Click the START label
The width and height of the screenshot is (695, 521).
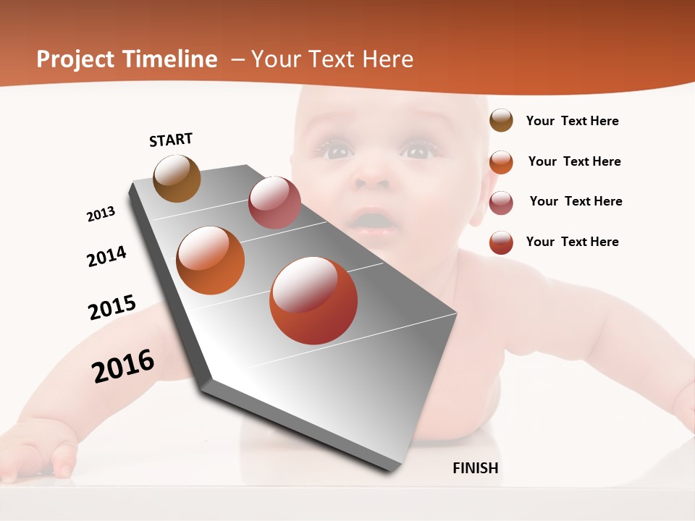point(171,140)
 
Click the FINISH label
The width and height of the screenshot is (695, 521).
point(475,468)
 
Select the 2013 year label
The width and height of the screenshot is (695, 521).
point(101,214)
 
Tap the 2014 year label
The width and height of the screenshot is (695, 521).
point(106,256)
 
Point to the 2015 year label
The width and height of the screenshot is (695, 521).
point(112,307)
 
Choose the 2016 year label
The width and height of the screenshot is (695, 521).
point(123,365)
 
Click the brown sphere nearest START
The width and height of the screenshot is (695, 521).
point(177,179)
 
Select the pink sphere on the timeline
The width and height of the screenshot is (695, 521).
point(274,203)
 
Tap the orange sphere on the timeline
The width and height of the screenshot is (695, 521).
point(211,260)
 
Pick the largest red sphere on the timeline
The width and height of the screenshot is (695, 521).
point(313,300)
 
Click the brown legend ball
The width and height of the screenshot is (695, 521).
point(501,121)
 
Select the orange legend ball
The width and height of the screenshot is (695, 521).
point(501,161)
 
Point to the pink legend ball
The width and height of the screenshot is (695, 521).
point(501,202)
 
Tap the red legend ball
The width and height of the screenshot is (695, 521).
point(501,242)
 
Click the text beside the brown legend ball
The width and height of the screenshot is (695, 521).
point(572,121)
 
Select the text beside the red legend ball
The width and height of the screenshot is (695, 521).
point(572,242)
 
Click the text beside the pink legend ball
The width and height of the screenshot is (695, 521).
point(576,201)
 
